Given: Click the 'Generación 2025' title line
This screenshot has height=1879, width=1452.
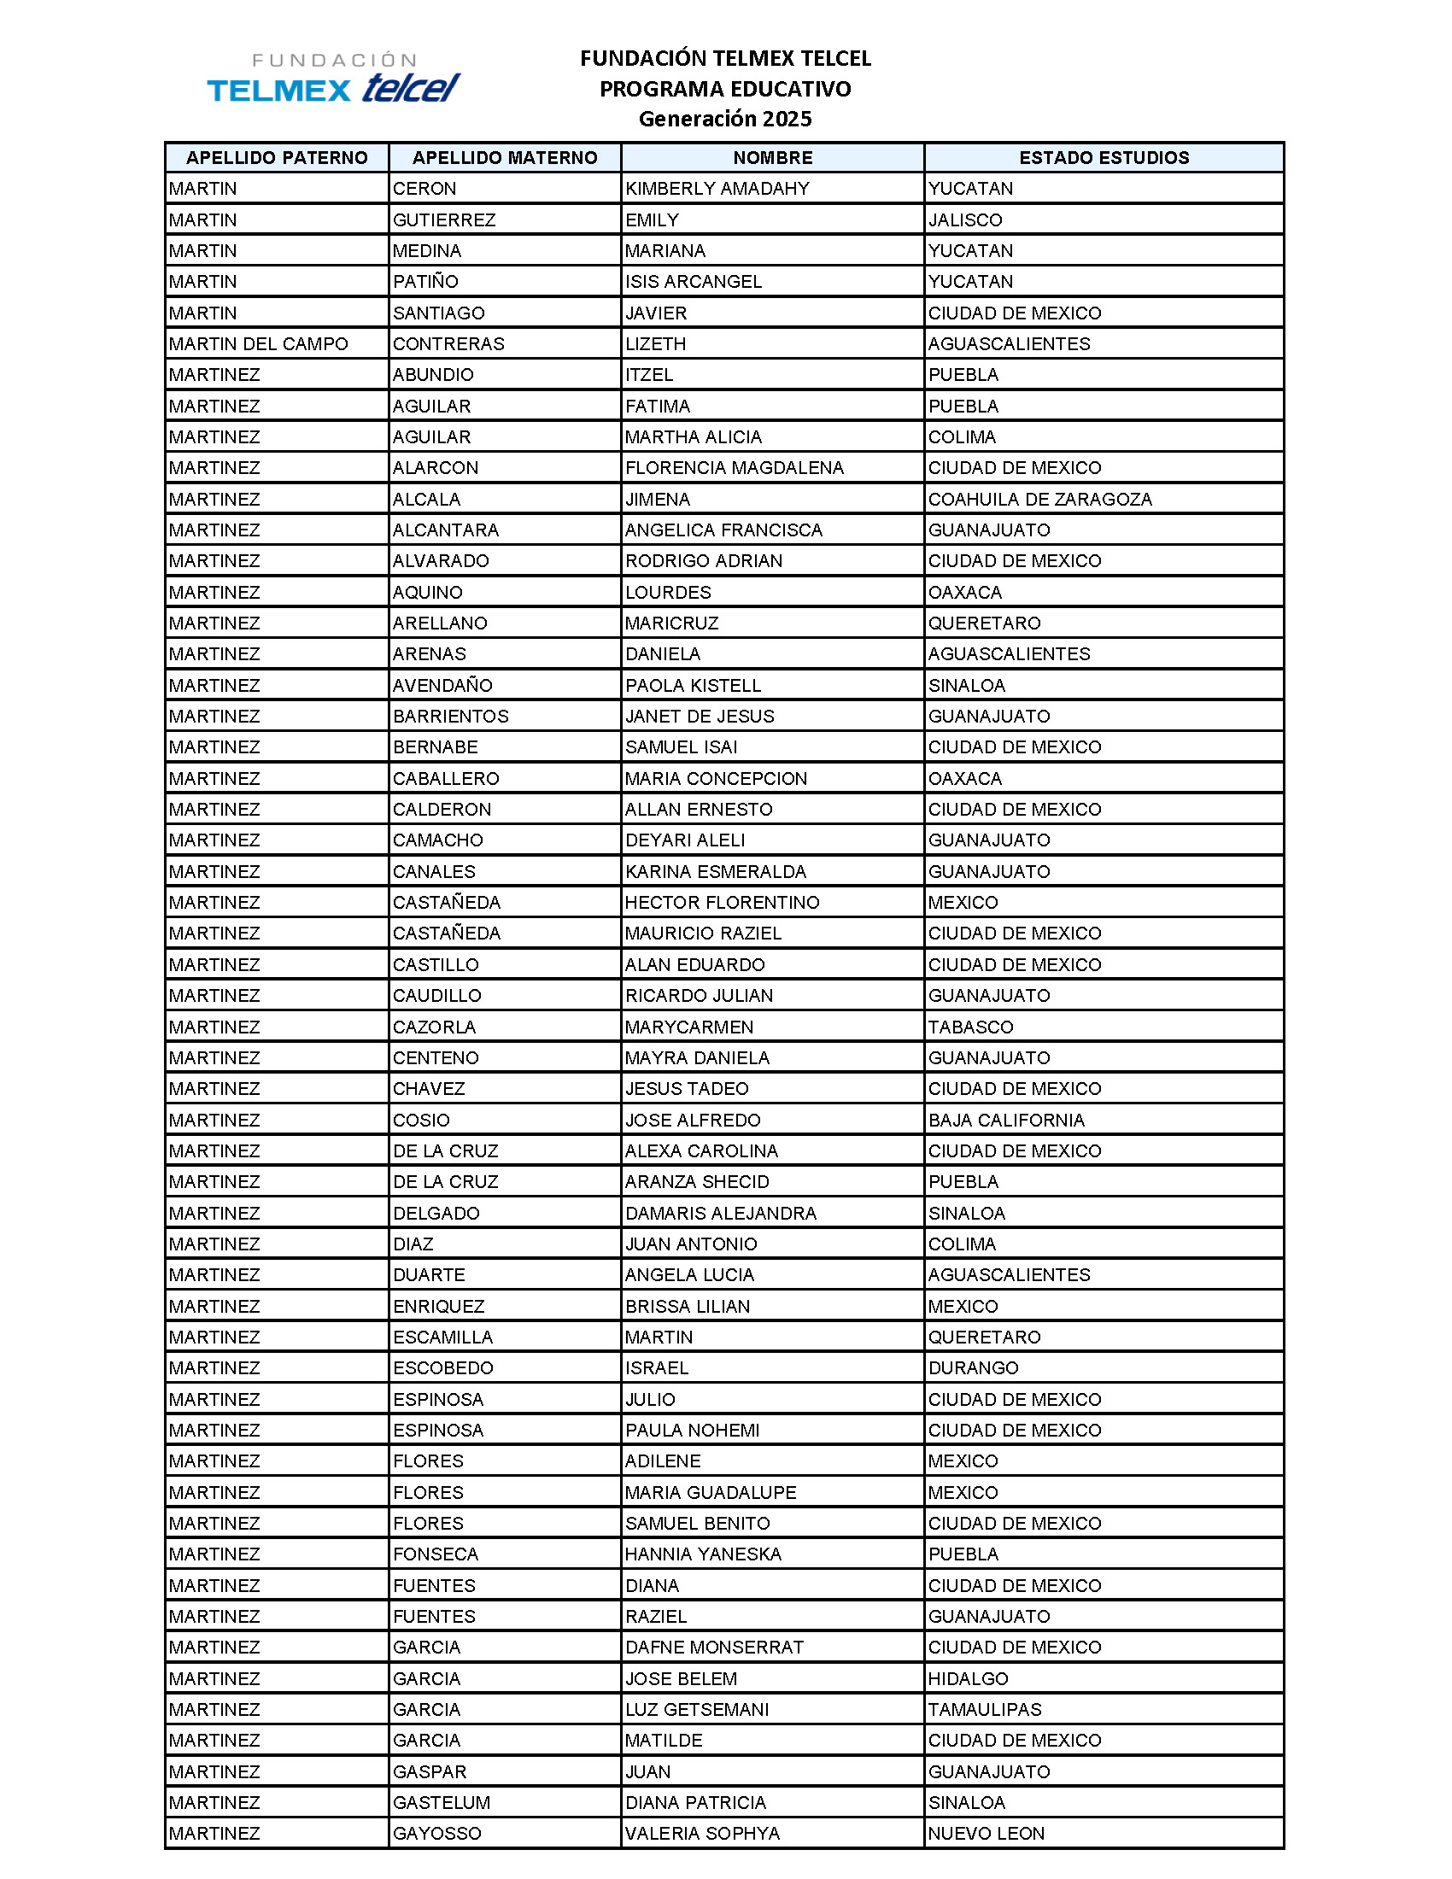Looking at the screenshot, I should (724, 119).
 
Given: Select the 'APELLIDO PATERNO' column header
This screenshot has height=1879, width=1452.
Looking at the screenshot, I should (276, 157).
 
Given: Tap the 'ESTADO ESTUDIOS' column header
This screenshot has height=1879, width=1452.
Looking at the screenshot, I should (1104, 157).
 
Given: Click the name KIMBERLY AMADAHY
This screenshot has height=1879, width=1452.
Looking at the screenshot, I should (717, 189).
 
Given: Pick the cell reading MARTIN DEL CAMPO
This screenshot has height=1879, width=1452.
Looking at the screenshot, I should (258, 344).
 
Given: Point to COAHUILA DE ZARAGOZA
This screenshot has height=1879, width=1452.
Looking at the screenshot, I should (1039, 499).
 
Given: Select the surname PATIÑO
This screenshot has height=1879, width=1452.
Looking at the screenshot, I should (425, 281).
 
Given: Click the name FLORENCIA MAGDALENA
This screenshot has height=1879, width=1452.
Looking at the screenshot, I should (734, 468).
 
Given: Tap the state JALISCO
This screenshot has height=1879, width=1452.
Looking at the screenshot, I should (964, 220).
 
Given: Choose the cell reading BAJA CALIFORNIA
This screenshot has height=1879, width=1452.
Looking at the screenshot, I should (1005, 1121).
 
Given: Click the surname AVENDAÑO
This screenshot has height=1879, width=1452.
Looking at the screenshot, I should (442, 686).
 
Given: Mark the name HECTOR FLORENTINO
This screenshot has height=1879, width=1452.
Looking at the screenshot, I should (722, 903).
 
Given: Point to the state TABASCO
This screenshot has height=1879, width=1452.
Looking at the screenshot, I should (970, 1027).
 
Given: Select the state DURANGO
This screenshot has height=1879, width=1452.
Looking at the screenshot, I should (973, 1368).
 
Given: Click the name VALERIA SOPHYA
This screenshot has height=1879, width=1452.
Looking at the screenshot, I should (702, 1834).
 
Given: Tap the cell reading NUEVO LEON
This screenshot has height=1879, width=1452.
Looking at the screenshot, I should (986, 1834).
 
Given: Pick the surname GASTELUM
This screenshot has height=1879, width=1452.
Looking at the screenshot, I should (442, 1802).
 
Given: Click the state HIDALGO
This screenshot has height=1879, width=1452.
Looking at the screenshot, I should (968, 1678).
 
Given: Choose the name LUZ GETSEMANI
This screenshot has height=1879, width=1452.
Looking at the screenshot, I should (697, 1710).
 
